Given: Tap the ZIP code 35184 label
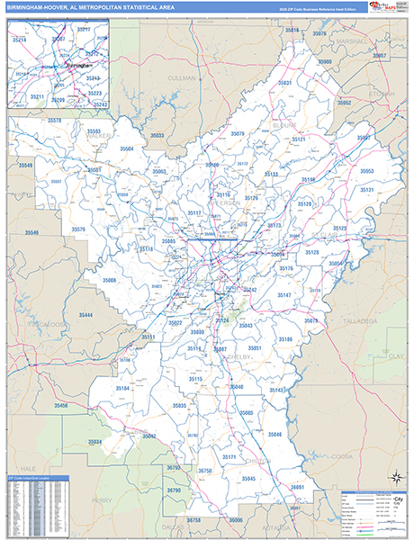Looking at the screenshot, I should (x=123, y=388).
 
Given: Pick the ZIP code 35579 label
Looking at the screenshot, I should (x=78, y=229).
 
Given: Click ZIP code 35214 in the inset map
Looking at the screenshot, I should (x=19, y=40).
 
